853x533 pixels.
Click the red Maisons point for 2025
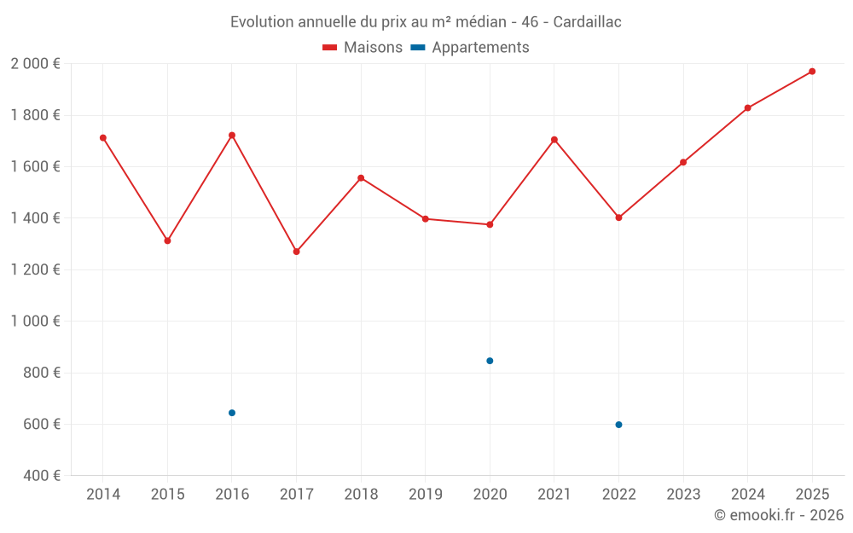[812, 72]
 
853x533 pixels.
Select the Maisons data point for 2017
[296, 252]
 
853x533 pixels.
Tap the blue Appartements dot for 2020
[490, 361]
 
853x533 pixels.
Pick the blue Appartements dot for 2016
[232, 413]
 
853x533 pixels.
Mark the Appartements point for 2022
[618, 425]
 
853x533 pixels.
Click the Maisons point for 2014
[103, 138]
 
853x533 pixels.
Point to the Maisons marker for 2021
[554, 140]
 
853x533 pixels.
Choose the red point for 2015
[167, 240]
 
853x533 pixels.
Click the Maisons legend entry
[363, 48]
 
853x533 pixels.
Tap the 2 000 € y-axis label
[35, 64]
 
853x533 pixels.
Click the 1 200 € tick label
[35, 269]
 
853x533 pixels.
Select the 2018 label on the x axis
[361, 495]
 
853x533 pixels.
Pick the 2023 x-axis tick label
[683, 495]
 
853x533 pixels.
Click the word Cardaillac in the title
[587, 22]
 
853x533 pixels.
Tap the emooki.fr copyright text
[779, 515]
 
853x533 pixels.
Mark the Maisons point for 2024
[747, 108]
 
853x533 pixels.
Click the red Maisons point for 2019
[425, 219]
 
